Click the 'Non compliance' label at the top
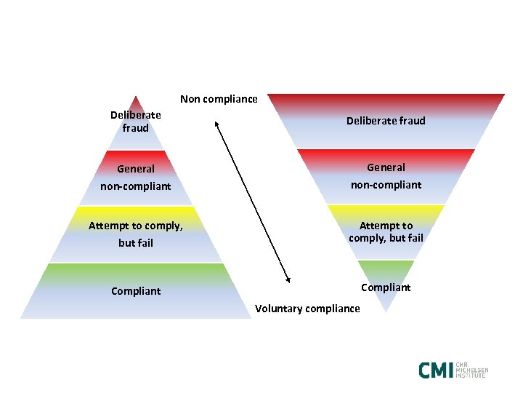pyautogui.click(x=219, y=99)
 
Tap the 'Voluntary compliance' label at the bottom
pyautogui.click(x=307, y=309)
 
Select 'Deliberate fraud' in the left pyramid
pyautogui.click(x=136, y=122)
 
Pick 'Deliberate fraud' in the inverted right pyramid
pyautogui.click(x=386, y=121)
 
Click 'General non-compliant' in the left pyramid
pyautogui.click(x=136, y=178)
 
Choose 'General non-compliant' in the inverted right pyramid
pyautogui.click(x=386, y=176)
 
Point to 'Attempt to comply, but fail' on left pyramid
pyautogui.click(x=136, y=234)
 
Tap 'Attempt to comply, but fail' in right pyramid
pyautogui.click(x=386, y=231)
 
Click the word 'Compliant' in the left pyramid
pyautogui.click(x=136, y=291)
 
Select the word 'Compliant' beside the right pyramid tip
pyautogui.click(x=386, y=287)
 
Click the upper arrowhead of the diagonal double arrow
pyautogui.click(x=218, y=123)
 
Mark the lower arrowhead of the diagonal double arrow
pyautogui.click(x=288, y=280)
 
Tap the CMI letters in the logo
pyautogui.click(x=435, y=370)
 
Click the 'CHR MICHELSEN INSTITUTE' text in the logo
pyautogui.click(x=471, y=370)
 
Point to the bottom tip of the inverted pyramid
pyautogui.click(x=386, y=311)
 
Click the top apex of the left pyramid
pyautogui.click(x=135, y=97)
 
